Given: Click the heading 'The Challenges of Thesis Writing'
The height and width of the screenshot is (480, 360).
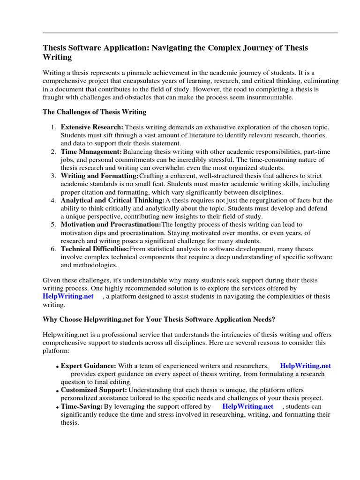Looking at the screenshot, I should (x=95, y=112).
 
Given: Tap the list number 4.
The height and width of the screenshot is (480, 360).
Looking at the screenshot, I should (x=53, y=201).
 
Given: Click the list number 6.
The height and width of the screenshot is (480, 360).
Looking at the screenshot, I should (x=53, y=249).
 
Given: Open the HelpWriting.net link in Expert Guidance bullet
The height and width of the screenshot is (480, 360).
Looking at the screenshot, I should (x=305, y=366).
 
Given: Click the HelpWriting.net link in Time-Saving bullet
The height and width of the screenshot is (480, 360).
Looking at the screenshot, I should (x=247, y=406).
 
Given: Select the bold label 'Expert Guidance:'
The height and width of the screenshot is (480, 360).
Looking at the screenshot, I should (x=89, y=366).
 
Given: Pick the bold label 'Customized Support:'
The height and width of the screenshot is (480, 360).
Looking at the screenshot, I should (x=94, y=390).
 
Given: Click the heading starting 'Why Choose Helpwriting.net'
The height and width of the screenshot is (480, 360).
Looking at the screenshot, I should (x=159, y=319).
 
